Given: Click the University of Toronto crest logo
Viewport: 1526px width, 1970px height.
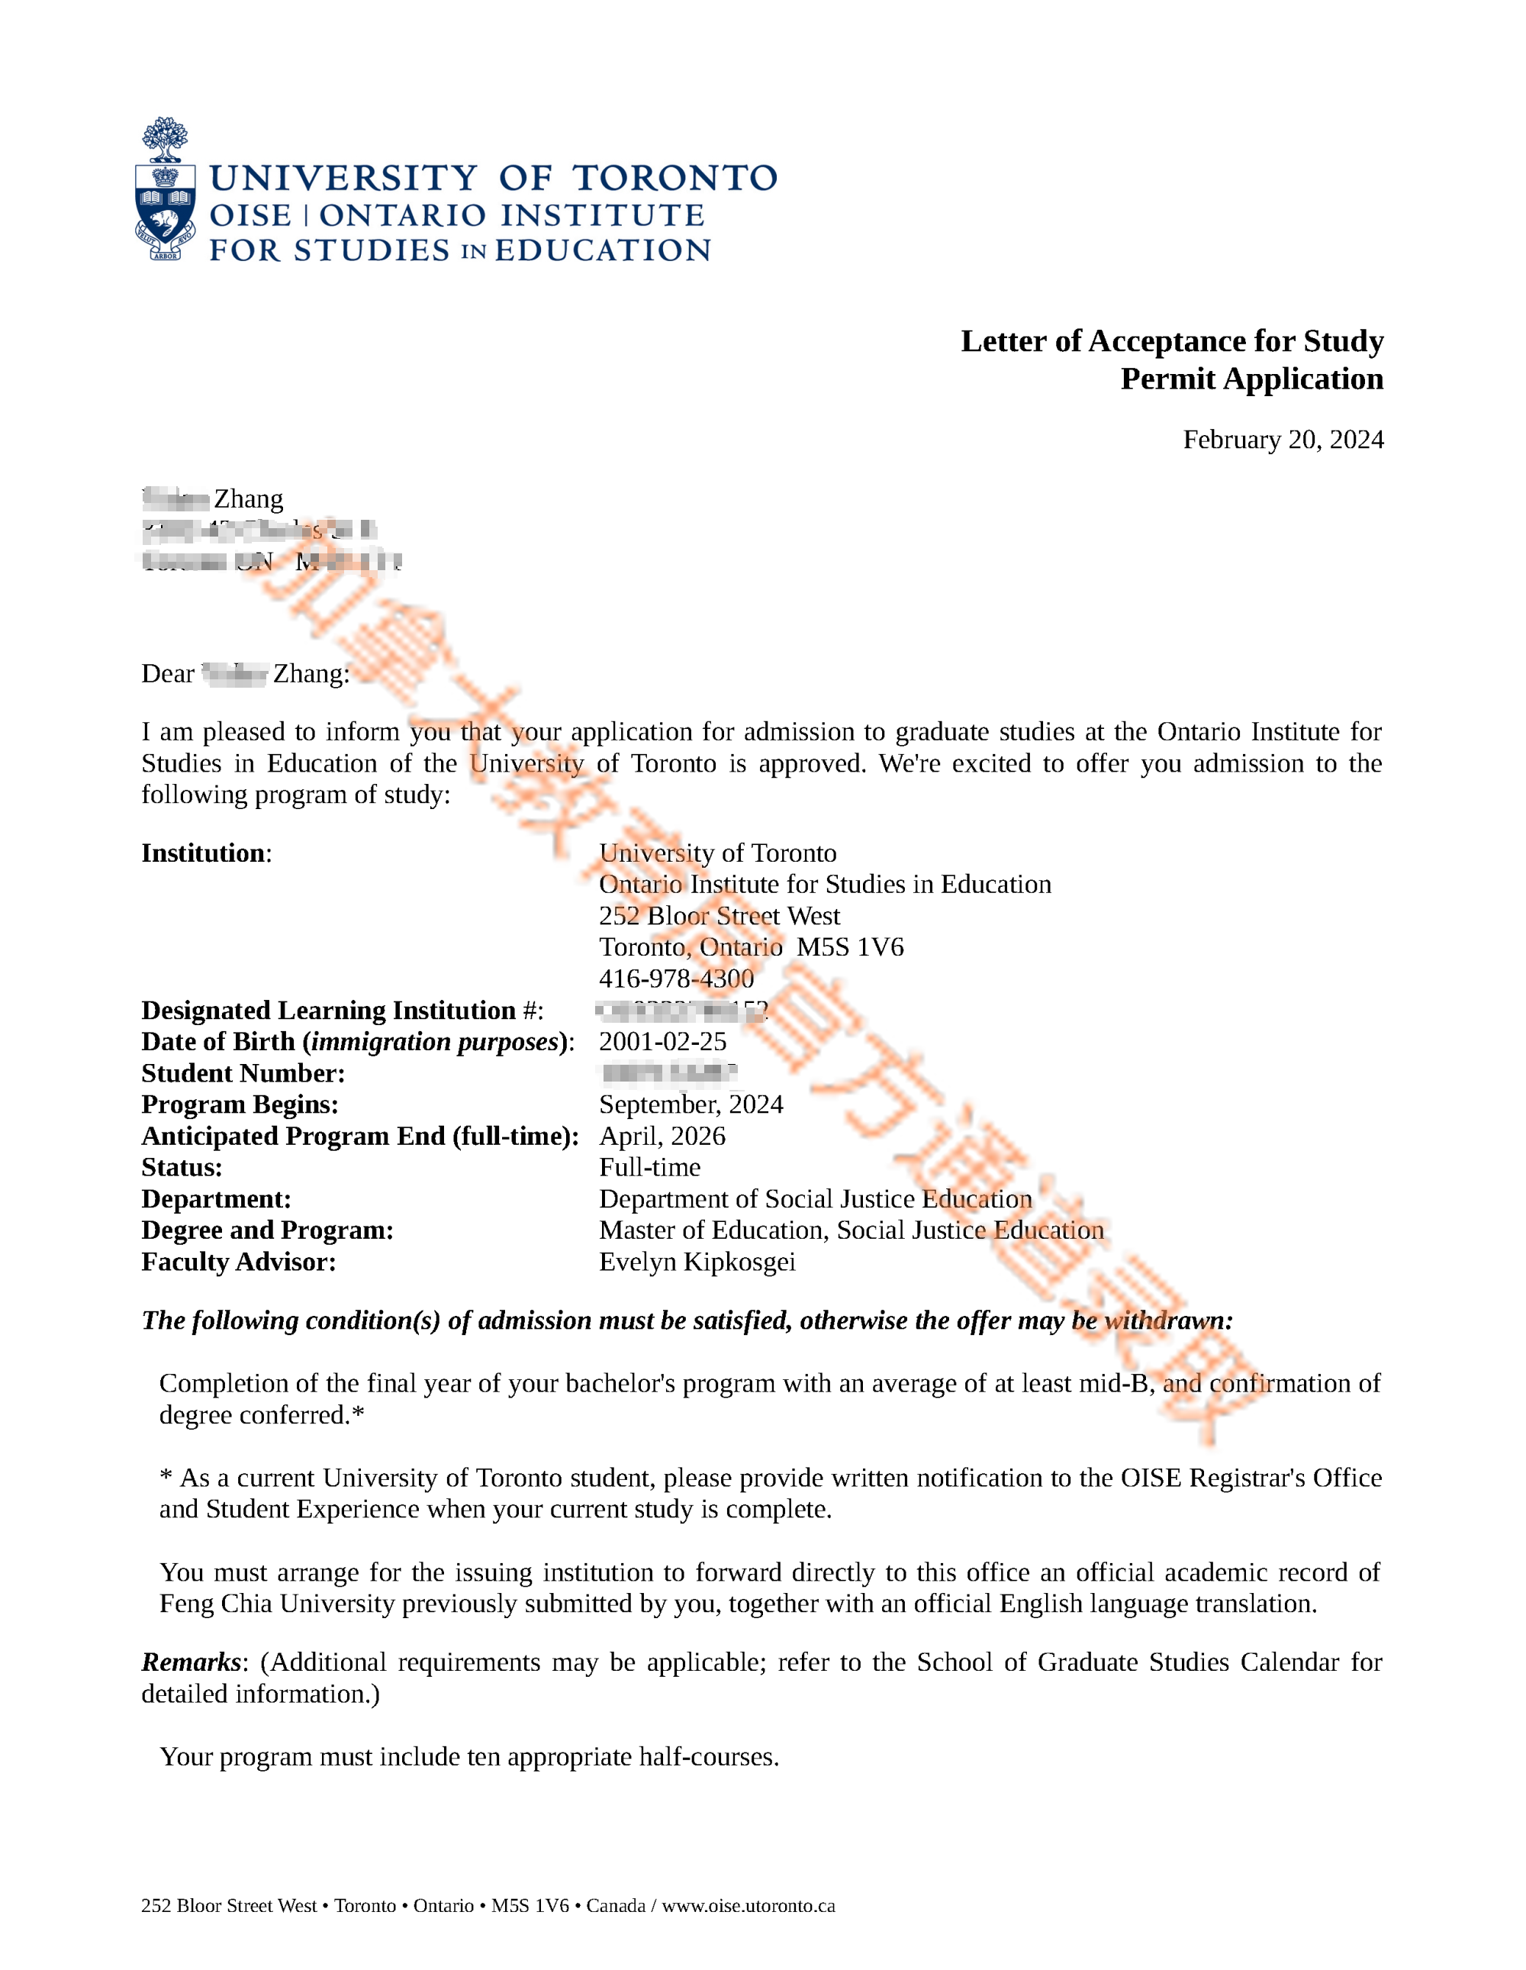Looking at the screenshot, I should [165, 189].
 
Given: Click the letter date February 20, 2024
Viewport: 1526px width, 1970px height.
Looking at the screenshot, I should [1283, 440].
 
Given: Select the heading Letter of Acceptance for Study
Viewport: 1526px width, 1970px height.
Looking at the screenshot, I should [1171, 341].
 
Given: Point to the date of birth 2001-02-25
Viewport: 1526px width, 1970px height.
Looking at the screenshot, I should [662, 1041].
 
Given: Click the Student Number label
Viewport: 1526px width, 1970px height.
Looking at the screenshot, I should [243, 1072].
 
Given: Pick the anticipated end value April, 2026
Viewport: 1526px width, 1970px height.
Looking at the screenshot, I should [662, 1136].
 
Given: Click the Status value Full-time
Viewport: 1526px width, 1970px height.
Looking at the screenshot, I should [649, 1167].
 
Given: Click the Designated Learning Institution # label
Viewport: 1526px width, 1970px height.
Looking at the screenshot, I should [342, 1011].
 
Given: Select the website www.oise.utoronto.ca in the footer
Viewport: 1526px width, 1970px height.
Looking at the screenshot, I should [748, 1905].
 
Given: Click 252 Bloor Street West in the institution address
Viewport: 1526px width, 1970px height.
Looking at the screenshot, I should [719, 916].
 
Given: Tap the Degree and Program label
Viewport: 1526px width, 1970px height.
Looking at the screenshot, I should [267, 1230].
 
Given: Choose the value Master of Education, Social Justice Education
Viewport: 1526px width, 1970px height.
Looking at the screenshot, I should [851, 1230].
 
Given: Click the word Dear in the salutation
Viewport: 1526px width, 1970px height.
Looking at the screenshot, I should [168, 674].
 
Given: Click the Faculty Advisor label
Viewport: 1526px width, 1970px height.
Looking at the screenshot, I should [238, 1262].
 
